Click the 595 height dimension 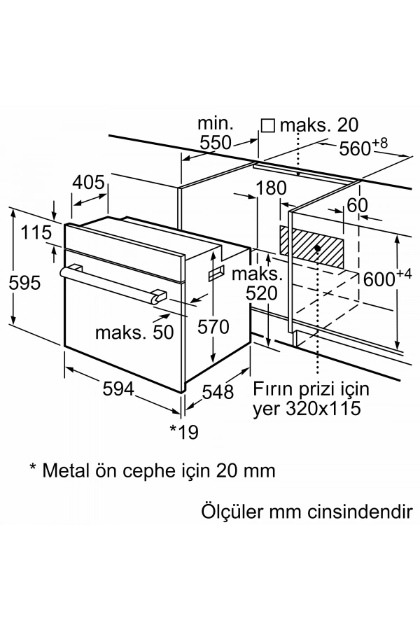23,282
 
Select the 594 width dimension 109,389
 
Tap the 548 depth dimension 218,392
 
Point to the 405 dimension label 89,183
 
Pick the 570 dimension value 213,326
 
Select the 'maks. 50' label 135,332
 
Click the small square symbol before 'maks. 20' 267,125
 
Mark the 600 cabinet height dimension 381,279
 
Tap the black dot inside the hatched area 318,248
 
